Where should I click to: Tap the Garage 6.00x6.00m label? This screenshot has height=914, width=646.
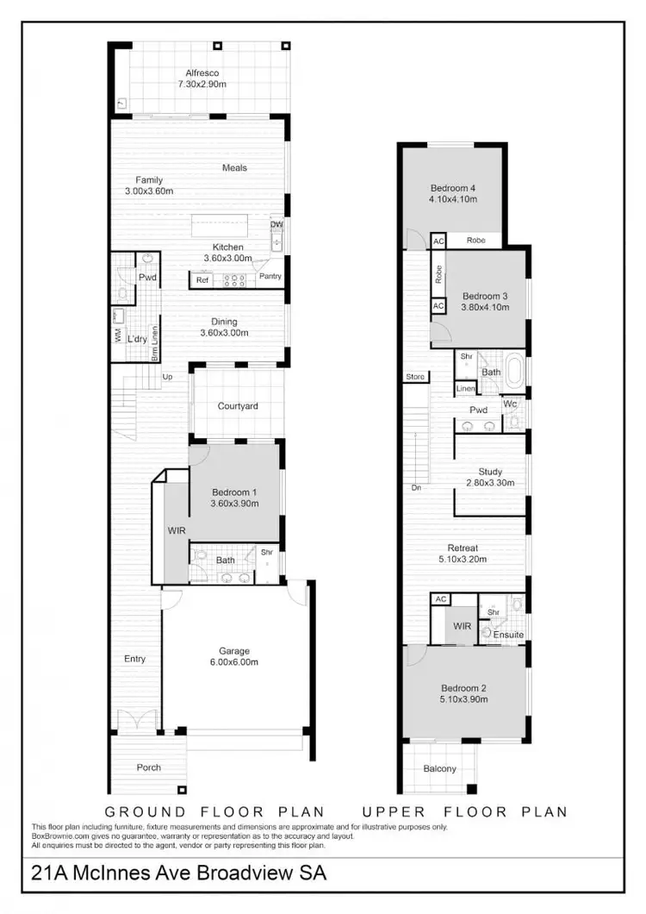click(x=233, y=656)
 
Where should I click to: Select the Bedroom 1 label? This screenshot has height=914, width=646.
click(x=233, y=492)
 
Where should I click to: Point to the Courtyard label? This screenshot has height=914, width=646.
click(x=238, y=406)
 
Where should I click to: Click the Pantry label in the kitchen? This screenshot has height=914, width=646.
click(x=270, y=277)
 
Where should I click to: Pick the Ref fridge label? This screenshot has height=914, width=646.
click(x=202, y=280)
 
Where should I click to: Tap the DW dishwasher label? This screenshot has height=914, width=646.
click(x=276, y=225)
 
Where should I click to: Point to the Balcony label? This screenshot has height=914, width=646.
click(x=439, y=769)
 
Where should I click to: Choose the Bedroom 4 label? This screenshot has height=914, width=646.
click(x=453, y=194)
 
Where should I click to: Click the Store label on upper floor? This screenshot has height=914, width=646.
click(x=416, y=377)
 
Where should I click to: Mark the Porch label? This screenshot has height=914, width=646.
click(x=148, y=767)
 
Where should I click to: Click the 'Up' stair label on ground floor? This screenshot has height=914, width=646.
click(x=167, y=378)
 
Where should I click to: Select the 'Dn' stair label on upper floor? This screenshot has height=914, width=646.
click(x=416, y=488)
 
